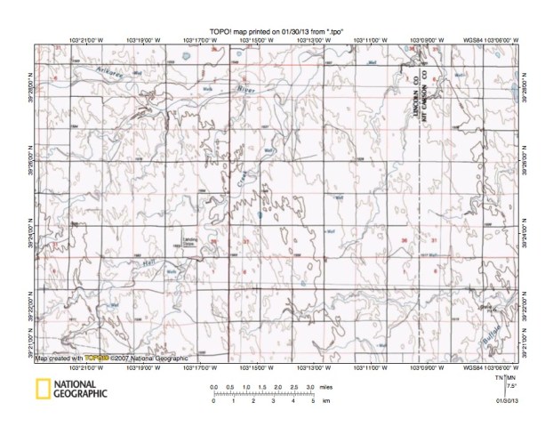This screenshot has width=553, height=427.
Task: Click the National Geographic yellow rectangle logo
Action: point(42,388)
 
